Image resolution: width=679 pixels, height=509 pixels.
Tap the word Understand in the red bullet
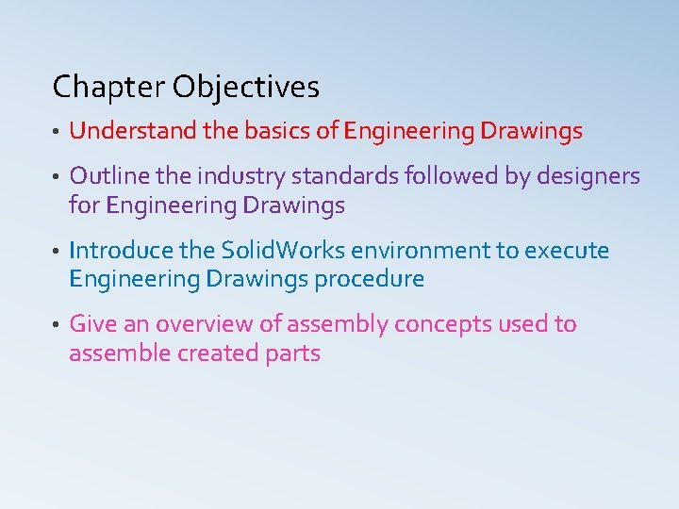tap(132, 131)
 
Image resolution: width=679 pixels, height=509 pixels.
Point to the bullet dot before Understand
tap(57, 133)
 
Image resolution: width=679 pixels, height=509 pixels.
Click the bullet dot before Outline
tap(57, 178)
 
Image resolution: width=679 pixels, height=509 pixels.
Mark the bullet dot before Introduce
tap(57, 253)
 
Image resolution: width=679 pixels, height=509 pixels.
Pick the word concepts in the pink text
tap(439, 324)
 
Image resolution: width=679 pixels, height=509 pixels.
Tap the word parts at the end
tap(293, 354)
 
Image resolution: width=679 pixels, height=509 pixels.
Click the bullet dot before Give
tap(57, 326)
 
